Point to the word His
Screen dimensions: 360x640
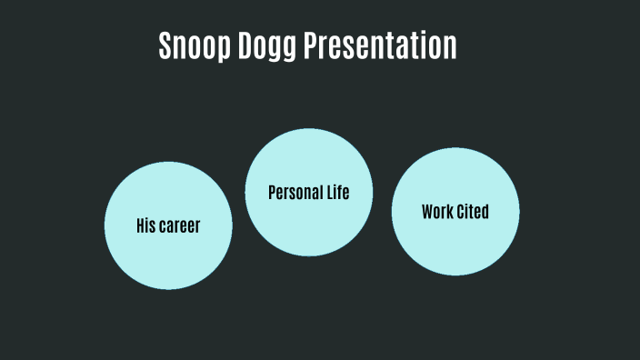pyautogui.click(x=145, y=225)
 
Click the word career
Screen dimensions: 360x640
pyautogui.click(x=180, y=226)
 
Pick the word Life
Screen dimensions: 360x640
pyautogui.click(x=338, y=192)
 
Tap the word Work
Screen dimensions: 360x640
pyautogui.click(x=437, y=212)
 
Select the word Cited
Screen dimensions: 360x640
pyautogui.click(x=474, y=212)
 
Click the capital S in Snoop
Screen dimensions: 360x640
pyautogui.click(x=165, y=45)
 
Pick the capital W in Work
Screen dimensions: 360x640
pyautogui.click(x=427, y=212)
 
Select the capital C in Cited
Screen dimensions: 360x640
pyautogui.click(x=461, y=212)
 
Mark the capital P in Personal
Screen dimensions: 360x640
pyautogui.click(x=272, y=193)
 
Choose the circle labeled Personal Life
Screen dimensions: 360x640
pyautogui.click(x=309, y=227)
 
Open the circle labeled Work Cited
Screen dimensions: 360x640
pyautogui.click(x=455, y=245)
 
